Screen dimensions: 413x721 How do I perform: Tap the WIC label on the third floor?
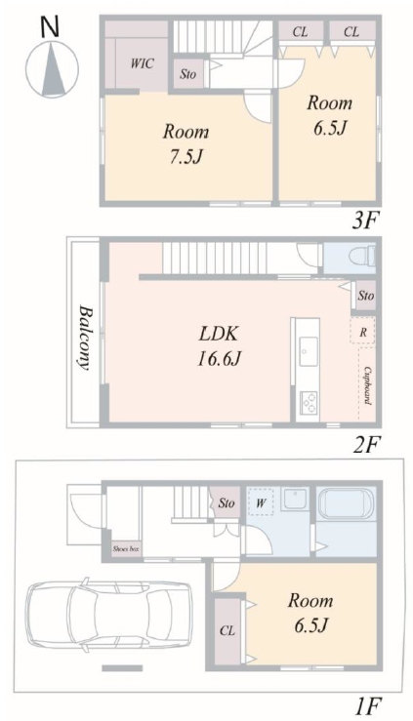tap(143, 63)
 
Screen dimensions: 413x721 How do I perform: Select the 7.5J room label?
tap(186, 144)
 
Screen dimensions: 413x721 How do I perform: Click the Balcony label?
tap(83, 337)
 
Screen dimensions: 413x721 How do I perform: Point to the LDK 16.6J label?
tap(219, 345)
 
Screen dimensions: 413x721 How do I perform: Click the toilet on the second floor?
tap(362, 256)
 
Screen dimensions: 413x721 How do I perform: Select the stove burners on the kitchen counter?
tap(308, 402)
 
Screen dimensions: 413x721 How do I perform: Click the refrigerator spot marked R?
tap(362, 332)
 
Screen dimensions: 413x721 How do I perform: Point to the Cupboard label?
tap(367, 385)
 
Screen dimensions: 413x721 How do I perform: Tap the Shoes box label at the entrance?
tap(126, 548)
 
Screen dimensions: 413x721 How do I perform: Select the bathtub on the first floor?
tap(347, 503)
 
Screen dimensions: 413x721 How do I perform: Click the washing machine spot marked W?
tap(261, 502)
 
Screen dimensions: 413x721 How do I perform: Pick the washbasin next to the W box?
tap(295, 499)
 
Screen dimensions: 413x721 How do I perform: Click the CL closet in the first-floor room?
tap(227, 631)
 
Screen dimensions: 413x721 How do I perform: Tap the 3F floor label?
tap(365, 222)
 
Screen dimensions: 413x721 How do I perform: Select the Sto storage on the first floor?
tap(226, 502)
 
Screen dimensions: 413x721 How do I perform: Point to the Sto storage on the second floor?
tap(365, 296)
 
